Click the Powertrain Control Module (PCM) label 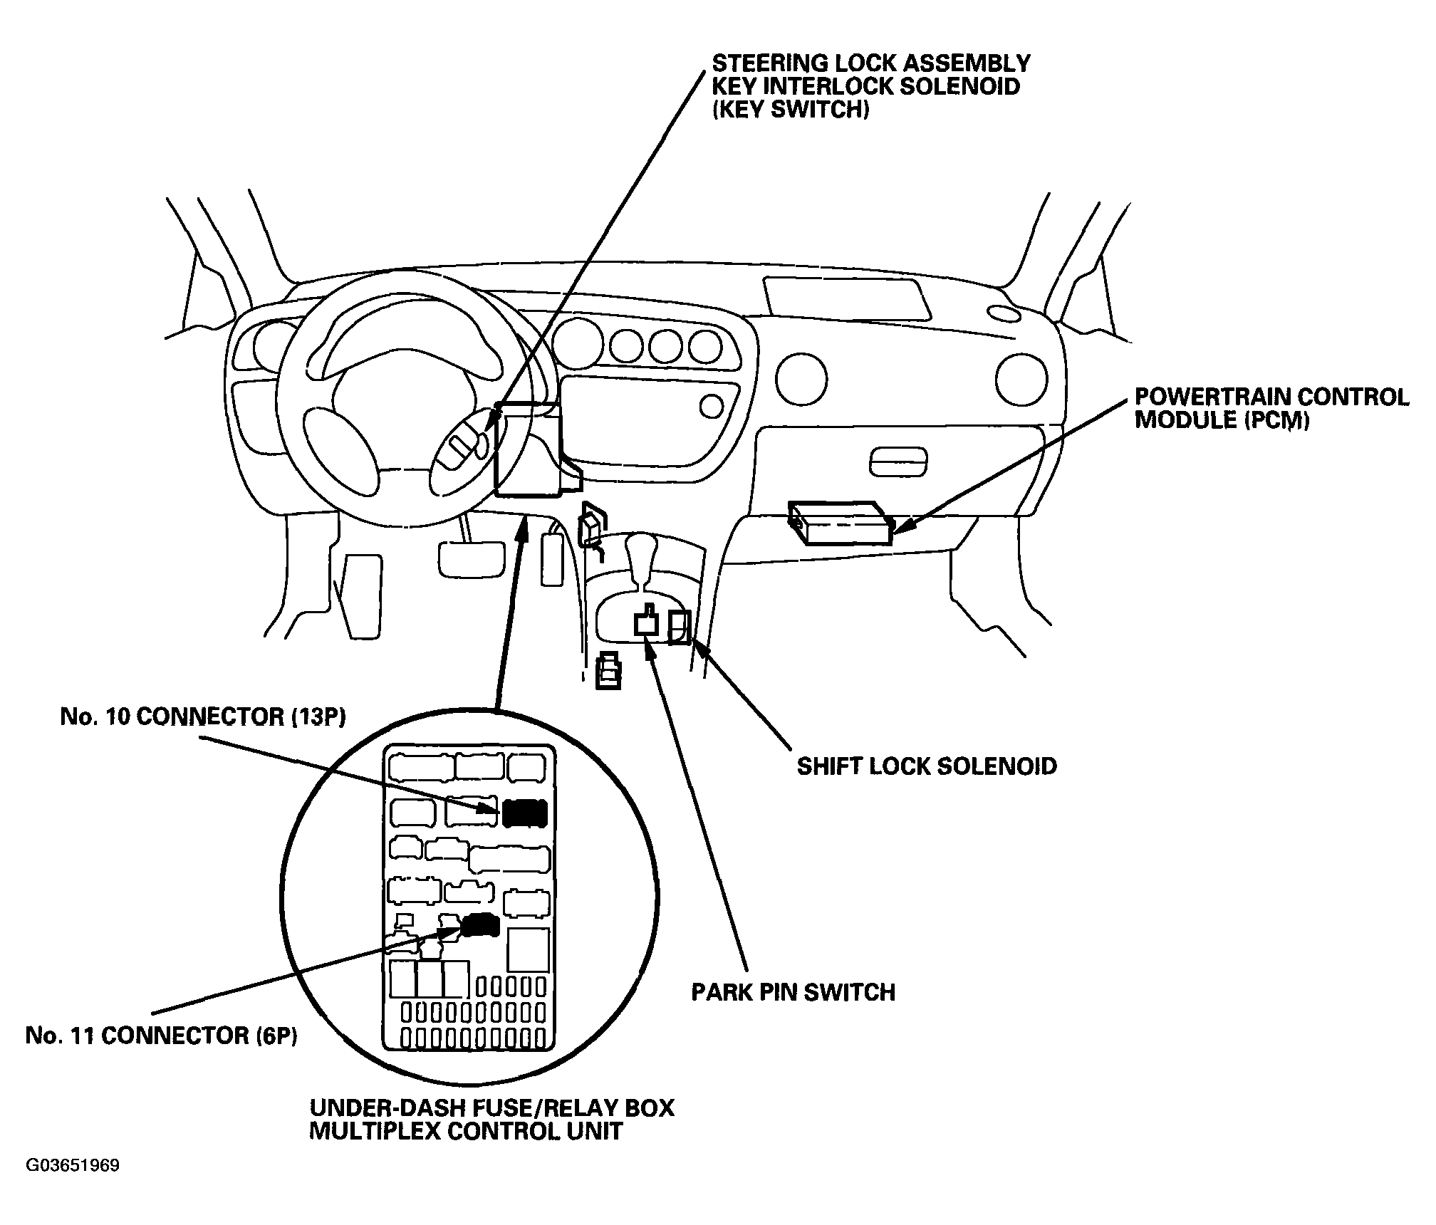coord(1271,408)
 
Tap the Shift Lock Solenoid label coord(927,766)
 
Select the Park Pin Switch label coord(793,992)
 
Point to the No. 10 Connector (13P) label coord(203,717)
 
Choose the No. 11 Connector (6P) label coord(162,1036)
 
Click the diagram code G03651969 coord(73,1166)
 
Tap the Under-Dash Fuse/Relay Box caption coord(491,1108)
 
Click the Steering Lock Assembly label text coord(871,63)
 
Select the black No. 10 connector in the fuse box coord(525,813)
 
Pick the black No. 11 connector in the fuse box coord(480,925)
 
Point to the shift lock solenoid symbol coord(680,627)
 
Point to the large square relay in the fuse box coord(528,950)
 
